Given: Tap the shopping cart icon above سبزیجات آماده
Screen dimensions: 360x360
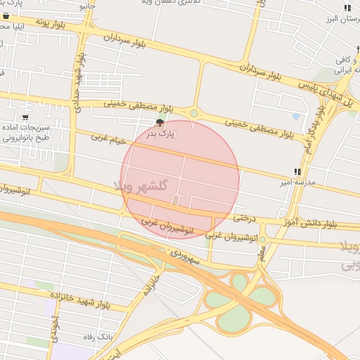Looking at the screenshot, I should pyautogui.click(x=26, y=117).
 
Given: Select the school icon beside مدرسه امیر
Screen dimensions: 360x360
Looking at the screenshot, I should pyautogui.click(x=297, y=172).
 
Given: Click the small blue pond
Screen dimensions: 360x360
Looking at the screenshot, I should pyautogui.click(x=296, y=116).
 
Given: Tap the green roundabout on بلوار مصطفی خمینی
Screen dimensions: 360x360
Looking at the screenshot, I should pyautogui.click(x=194, y=112).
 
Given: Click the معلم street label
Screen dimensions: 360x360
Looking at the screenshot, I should pyautogui.click(x=262, y=252).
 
